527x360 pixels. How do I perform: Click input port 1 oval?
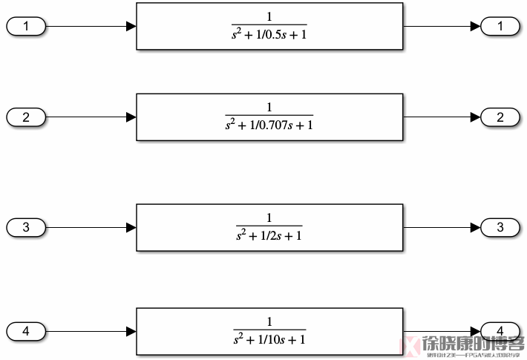click(x=26, y=27)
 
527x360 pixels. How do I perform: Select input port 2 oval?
click(x=26, y=117)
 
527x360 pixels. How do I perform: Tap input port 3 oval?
click(x=26, y=227)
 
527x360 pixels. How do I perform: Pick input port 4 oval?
click(x=26, y=331)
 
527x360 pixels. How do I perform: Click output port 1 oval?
click(x=501, y=27)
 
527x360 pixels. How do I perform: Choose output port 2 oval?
click(x=501, y=117)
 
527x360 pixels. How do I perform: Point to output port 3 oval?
click(x=501, y=227)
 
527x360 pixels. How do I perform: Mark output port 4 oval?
click(x=501, y=331)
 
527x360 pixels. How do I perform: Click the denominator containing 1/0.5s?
click(x=269, y=34)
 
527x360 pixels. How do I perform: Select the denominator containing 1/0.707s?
click(x=269, y=125)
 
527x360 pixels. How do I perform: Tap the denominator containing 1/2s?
click(x=269, y=235)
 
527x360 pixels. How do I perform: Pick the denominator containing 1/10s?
click(x=269, y=339)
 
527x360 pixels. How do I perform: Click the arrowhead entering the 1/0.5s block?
click(x=131, y=27)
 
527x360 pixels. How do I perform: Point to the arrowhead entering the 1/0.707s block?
click(x=131, y=117)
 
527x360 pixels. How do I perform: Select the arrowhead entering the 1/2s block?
click(x=131, y=227)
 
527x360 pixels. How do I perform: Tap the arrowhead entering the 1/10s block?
click(x=131, y=331)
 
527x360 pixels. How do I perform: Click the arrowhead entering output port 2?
click(x=476, y=117)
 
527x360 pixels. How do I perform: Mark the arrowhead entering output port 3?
click(x=476, y=227)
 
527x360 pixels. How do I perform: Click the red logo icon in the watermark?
click(x=408, y=344)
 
